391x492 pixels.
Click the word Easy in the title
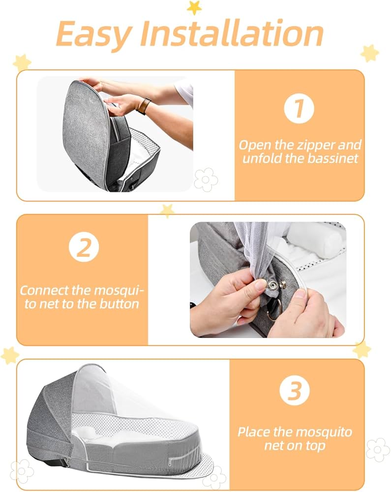[93, 33]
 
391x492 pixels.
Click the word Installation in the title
[230, 33]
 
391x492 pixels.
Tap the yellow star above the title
[194, 7]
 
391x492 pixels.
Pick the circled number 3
[295, 391]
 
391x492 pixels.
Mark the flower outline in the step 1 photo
[206, 179]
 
